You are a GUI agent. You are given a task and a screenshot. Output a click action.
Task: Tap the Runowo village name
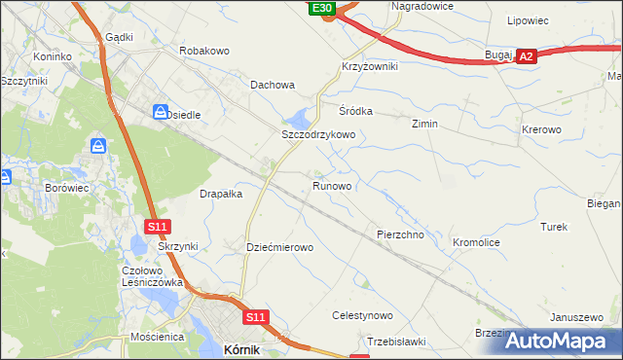pyautogui.click(x=332, y=185)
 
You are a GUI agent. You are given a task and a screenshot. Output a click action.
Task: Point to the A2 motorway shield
pyautogui.click(x=526, y=57)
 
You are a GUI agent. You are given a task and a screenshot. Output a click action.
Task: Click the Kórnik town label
pyautogui.click(x=240, y=348)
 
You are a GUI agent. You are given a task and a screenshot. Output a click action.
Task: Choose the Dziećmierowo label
pyautogui.click(x=280, y=247)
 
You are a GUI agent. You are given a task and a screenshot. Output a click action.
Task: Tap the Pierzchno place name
pyautogui.click(x=399, y=234)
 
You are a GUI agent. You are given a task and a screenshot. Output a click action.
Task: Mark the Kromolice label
pyautogui.click(x=477, y=241)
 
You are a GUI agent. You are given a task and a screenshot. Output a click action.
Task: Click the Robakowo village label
pyautogui.click(x=203, y=49)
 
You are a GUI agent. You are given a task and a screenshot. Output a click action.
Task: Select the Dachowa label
pyautogui.click(x=273, y=85)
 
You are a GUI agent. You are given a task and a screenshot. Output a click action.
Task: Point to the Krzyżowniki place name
pyautogui.click(x=370, y=65)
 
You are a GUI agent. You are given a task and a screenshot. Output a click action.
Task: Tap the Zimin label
pyautogui.click(x=424, y=125)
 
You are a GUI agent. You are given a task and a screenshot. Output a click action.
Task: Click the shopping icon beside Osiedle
pyautogui.click(x=159, y=112)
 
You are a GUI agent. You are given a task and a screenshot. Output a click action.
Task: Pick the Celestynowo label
pyautogui.click(x=362, y=316)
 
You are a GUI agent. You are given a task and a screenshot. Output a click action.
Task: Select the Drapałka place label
pyautogui.click(x=221, y=194)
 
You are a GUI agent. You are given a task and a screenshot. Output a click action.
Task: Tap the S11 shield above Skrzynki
pyautogui.click(x=159, y=227)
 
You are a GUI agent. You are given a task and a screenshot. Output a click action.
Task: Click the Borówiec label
pyautogui.click(x=68, y=186)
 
